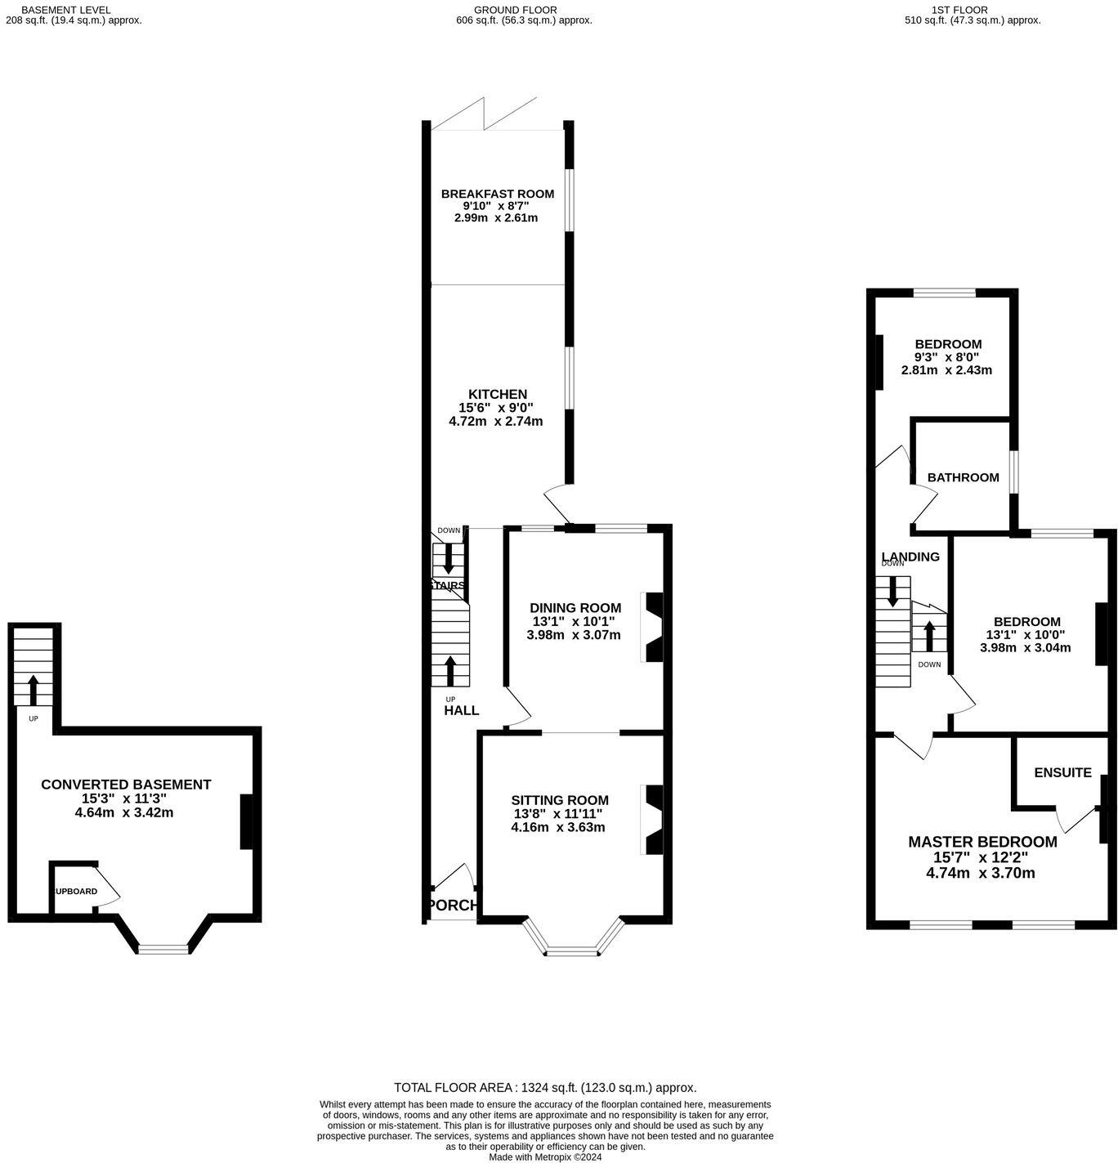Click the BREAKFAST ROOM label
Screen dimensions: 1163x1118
pos(497,194)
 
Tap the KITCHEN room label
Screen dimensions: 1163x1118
pos(497,394)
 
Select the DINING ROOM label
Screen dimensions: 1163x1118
pos(575,607)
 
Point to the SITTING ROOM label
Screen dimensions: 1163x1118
pos(560,800)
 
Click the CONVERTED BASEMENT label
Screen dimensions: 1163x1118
pos(126,785)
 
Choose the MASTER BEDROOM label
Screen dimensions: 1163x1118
pos(982,842)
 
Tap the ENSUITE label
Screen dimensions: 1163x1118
pos(1062,772)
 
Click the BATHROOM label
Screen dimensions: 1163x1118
pos(963,477)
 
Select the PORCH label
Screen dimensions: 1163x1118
pos(452,905)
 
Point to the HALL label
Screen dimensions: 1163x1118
pos(462,710)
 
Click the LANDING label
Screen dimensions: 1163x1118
pos(910,557)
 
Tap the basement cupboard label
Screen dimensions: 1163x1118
pos(76,892)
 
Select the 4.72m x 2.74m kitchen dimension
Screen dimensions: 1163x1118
pos(496,422)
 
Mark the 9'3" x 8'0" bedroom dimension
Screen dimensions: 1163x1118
pos(946,357)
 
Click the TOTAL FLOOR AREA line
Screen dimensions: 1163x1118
pos(545,1088)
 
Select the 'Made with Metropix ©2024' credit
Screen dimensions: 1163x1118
pos(545,1157)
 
